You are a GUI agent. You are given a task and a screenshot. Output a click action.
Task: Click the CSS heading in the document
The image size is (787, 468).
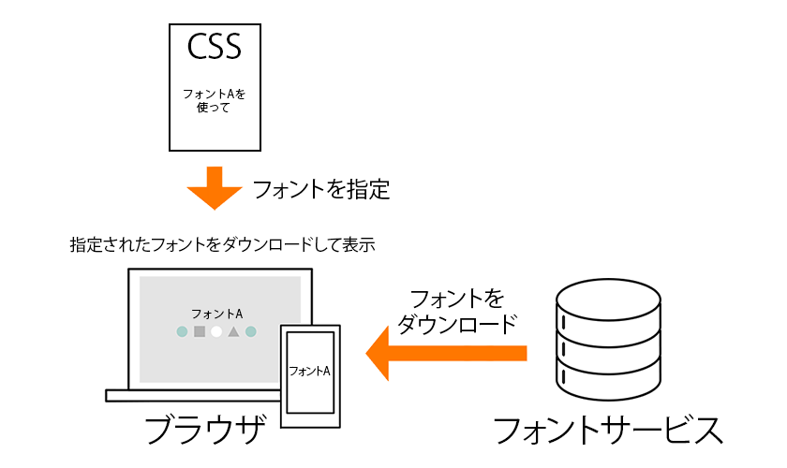pos(215,46)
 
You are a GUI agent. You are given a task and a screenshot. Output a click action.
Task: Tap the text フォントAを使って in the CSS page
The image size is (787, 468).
pos(215,100)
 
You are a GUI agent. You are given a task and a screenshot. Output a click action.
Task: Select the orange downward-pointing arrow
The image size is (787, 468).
pos(215,188)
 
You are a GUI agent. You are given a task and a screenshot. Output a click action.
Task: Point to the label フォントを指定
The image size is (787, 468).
pos(320,190)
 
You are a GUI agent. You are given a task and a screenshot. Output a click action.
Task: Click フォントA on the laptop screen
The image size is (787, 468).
pos(216,314)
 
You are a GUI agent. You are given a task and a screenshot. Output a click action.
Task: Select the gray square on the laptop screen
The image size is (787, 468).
pos(199,331)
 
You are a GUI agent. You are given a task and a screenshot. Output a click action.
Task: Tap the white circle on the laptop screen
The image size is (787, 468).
pos(216,331)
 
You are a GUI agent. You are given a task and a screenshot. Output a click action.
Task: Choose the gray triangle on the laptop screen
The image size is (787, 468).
pos(233,331)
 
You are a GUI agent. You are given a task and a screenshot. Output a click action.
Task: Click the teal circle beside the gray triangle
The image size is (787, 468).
pos(251,331)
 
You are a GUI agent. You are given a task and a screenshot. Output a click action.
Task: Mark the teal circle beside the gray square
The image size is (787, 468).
pos(182,331)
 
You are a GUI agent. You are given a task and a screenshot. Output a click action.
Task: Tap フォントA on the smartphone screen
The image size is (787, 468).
pos(310,371)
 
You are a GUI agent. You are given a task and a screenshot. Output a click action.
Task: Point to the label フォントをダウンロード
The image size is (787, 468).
pos(456,312)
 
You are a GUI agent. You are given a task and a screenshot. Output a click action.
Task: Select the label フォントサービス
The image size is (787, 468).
pos(607,430)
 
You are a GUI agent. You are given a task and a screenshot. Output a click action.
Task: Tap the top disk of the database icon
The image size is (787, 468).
pos(608,300)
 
